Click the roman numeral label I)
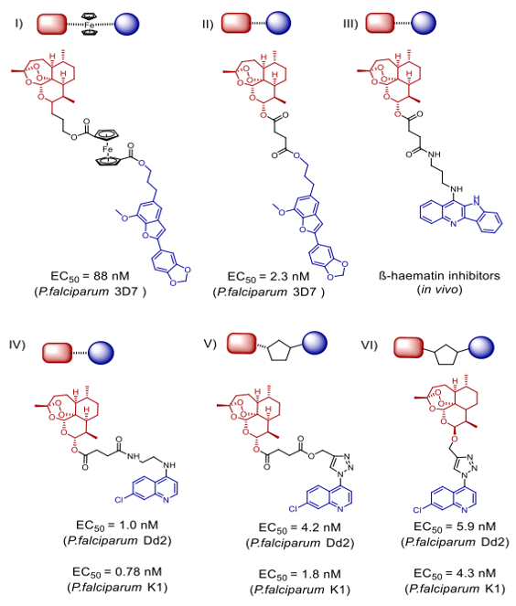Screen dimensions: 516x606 point(18,23)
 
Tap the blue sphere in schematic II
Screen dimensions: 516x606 point(278,23)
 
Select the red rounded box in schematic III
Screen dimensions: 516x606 point(380,23)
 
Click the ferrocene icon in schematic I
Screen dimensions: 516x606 point(90,25)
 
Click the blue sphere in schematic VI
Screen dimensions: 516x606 point(481,347)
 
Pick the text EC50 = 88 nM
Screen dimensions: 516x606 point(90,276)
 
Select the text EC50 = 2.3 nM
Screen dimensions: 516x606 point(268,277)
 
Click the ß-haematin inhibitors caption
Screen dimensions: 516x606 point(439,275)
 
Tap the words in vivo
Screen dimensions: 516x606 point(439,290)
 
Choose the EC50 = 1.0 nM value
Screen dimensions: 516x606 point(117,526)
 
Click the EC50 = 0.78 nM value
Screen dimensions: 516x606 point(117,572)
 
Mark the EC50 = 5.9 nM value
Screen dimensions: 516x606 point(455,526)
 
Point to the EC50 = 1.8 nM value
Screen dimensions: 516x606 point(300,574)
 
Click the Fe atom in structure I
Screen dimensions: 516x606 point(108,149)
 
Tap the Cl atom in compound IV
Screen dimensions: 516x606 point(119,500)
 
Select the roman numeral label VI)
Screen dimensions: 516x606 point(369,345)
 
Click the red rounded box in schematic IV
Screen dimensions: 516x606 point(57,353)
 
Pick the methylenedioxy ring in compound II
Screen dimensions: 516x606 point(339,270)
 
